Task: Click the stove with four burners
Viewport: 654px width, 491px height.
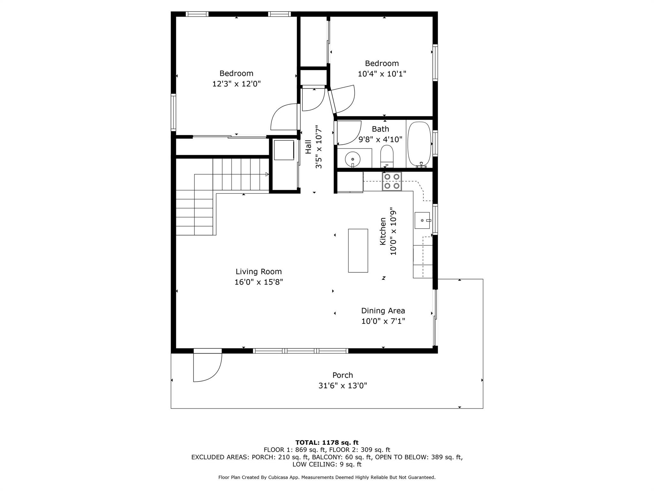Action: coord(392,181)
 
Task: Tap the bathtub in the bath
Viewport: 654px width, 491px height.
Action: coord(419,144)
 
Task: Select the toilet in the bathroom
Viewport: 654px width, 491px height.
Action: coord(387,156)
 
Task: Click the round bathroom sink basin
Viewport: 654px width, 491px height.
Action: coord(353,159)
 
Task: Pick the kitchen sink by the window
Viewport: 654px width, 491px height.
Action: coord(422,220)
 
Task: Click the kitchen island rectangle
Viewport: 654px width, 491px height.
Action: coord(358,251)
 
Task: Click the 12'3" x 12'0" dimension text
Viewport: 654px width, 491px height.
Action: coord(236,84)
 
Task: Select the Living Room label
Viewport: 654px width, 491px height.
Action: coord(259,272)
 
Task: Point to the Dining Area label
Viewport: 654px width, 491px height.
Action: coord(383,311)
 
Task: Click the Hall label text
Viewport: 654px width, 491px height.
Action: coord(308,147)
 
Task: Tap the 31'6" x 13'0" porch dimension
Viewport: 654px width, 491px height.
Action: coord(342,386)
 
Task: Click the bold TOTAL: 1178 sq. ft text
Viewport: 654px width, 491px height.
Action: coord(327,442)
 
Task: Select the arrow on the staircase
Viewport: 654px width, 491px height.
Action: coord(267,174)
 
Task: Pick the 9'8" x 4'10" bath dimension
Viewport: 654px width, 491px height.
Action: coord(380,139)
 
